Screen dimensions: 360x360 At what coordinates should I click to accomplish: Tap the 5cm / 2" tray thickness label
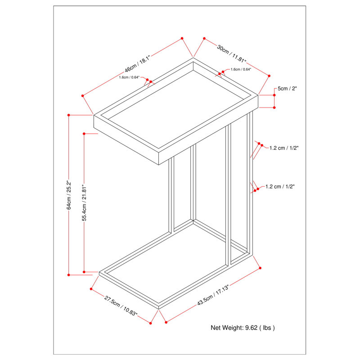(287, 89)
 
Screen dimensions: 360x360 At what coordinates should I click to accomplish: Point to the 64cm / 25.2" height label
(69, 195)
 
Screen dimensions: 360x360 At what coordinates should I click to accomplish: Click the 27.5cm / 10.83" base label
(121, 306)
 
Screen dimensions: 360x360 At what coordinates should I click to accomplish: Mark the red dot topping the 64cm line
(68, 115)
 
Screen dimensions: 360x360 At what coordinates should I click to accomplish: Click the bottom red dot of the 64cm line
(68, 274)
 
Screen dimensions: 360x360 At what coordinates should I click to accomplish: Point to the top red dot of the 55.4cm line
(85, 133)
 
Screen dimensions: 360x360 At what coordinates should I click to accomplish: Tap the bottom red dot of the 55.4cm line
(85, 271)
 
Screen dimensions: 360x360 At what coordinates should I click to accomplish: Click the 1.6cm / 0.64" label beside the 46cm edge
(130, 77)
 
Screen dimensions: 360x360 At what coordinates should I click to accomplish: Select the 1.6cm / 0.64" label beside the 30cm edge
(241, 69)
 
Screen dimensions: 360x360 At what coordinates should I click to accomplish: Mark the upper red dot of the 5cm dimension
(274, 95)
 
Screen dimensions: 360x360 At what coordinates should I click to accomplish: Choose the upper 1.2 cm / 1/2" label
(284, 148)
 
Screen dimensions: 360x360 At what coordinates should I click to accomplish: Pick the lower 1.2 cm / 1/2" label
(280, 186)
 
